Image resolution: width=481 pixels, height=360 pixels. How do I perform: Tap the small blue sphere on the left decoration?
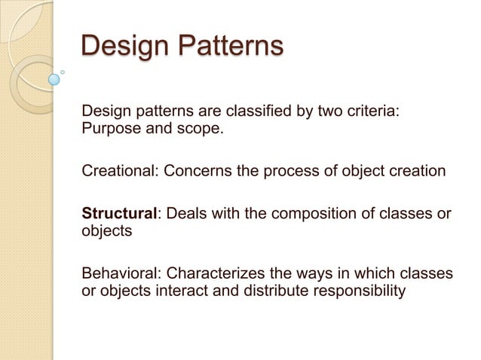coord(54,78)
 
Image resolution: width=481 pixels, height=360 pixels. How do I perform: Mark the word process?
coord(287,171)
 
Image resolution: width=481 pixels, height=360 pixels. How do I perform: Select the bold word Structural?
coord(119,213)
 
